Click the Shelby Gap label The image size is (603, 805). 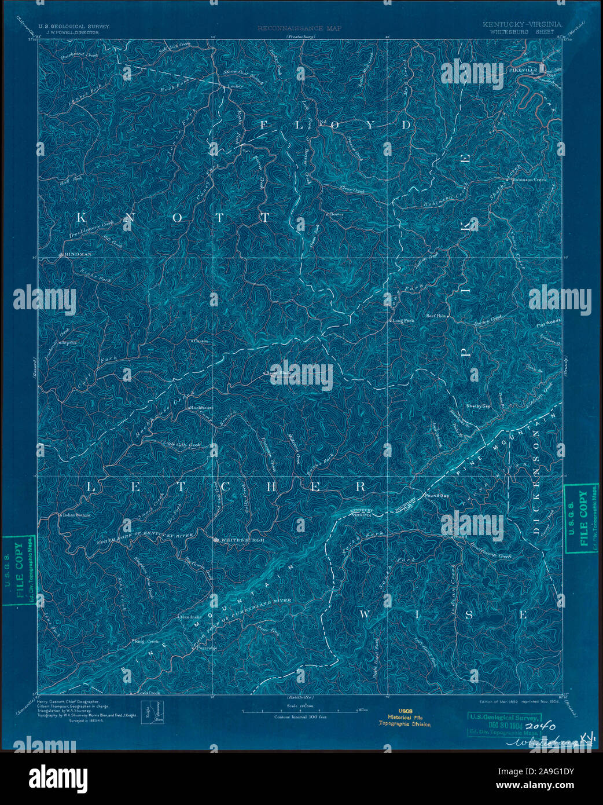tap(478, 406)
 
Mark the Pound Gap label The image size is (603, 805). tap(437, 496)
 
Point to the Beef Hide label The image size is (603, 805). tap(438, 316)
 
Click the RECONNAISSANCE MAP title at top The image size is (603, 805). tap(299, 28)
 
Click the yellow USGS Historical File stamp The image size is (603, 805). tap(405, 718)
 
